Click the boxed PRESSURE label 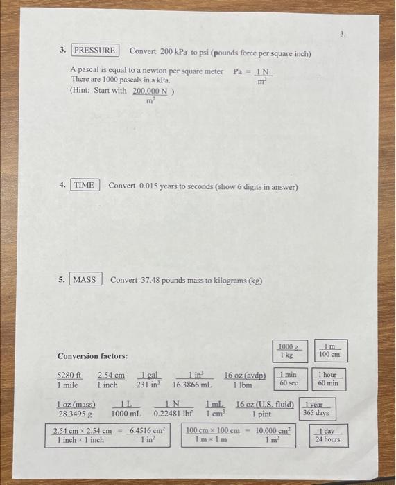pyautogui.click(x=95, y=51)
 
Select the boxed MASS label pyautogui.click(x=85, y=279)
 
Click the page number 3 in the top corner pyautogui.click(x=341, y=32)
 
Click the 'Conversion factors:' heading pyautogui.click(x=92, y=356)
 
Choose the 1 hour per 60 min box pyautogui.click(x=328, y=379)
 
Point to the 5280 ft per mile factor pyautogui.click(x=69, y=380)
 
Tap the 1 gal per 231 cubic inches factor pyautogui.click(x=147, y=380)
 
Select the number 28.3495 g pyautogui.click(x=74, y=414)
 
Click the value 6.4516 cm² pyautogui.click(x=146, y=431)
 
